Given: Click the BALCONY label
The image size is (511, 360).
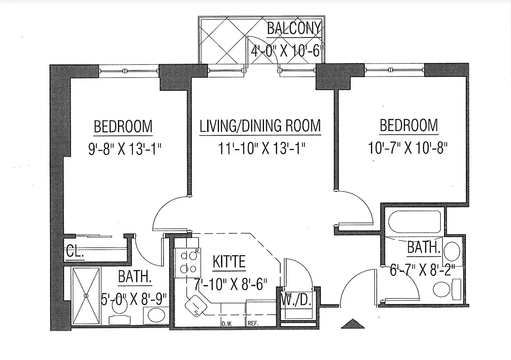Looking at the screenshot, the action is point(293,29).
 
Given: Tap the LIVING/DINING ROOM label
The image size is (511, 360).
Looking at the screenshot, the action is point(260,126).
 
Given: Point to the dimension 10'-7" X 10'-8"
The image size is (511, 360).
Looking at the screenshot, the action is point(409,149).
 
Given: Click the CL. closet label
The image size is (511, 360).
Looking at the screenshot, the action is point(75,252).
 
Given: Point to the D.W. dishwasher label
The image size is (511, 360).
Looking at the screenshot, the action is point(226,324).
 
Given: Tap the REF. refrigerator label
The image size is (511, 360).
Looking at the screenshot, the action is point(253,324).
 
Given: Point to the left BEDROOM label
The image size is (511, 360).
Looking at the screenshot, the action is point(123,126).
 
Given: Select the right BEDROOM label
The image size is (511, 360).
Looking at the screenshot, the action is point(409,126).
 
